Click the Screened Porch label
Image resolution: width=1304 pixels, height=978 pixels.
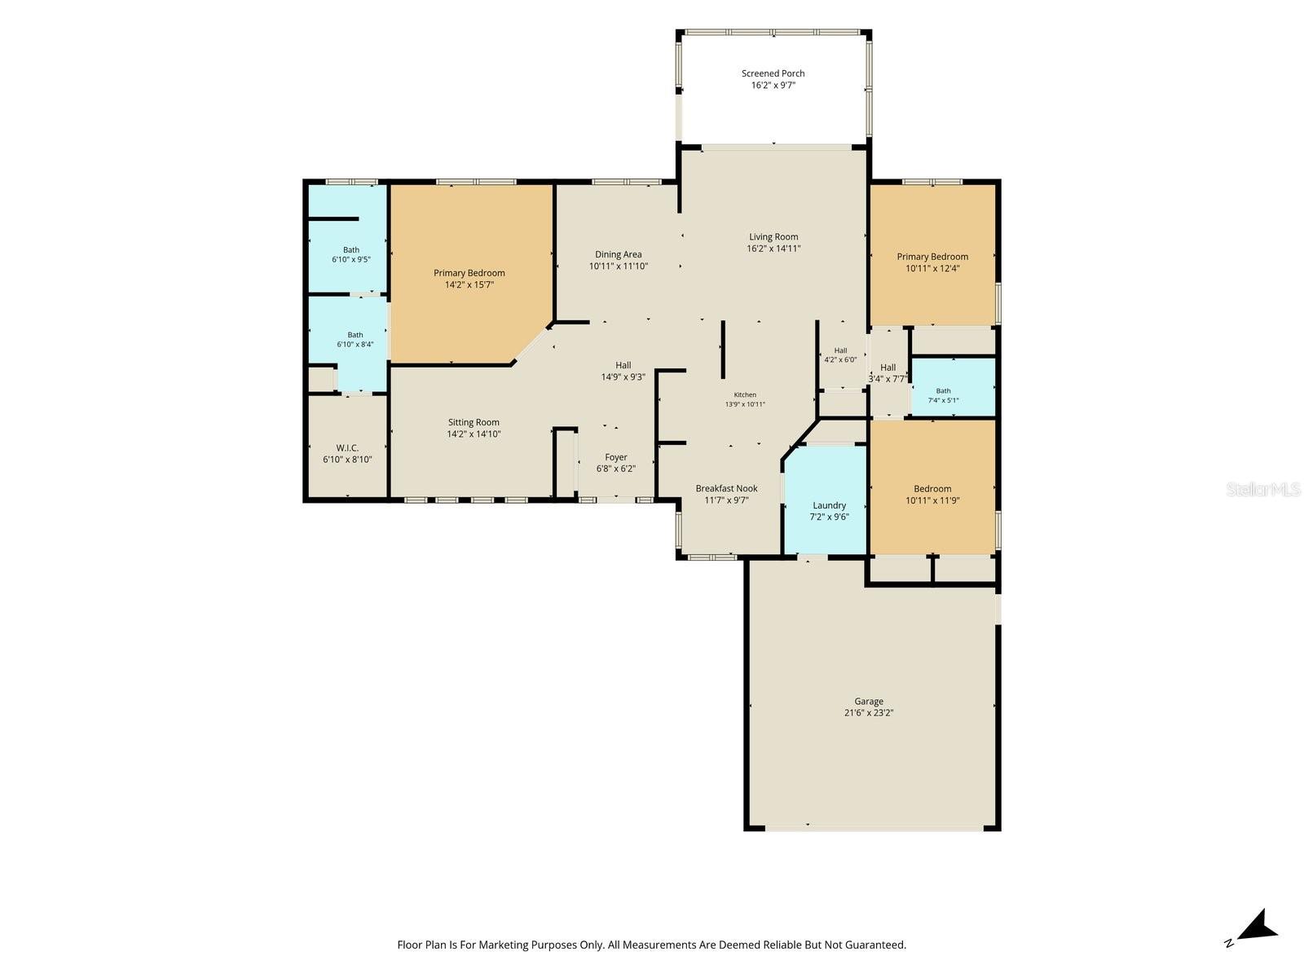pyautogui.click(x=773, y=73)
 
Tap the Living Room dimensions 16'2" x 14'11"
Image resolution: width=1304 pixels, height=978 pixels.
pyautogui.click(x=773, y=249)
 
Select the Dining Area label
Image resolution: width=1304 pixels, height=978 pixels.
pyautogui.click(x=618, y=254)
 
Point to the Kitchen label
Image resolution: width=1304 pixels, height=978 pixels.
pyautogui.click(x=744, y=394)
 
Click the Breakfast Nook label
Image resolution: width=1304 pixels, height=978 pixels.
pyautogui.click(x=726, y=488)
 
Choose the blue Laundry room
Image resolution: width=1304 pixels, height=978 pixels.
pyautogui.click(x=825, y=500)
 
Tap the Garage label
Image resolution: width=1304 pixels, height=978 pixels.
pyautogui.click(x=868, y=701)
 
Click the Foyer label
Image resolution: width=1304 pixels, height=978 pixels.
pyautogui.click(x=615, y=457)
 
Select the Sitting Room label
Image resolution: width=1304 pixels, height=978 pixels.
pyautogui.click(x=473, y=422)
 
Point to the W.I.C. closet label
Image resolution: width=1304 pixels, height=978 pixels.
pyautogui.click(x=347, y=447)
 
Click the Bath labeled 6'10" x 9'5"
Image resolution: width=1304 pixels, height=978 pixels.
pyautogui.click(x=350, y=254)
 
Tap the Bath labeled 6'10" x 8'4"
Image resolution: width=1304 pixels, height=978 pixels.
pyautogui.click(x=355, y=339)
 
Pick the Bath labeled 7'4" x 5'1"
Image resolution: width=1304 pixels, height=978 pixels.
pyautogui.click(x=943, y=395)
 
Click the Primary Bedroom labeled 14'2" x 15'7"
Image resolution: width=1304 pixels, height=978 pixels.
pyautogui.click(x=469, y=279)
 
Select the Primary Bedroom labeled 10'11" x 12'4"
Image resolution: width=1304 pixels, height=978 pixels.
pyautogui.click(x=932, y=262)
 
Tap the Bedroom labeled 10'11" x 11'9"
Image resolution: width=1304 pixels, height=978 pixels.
pyautogui.click(x=932, y=494)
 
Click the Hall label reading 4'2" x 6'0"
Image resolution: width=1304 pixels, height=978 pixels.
pyautogui.click(x=840, y=355)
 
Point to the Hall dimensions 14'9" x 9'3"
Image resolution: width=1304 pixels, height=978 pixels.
pyautogui.click(x=623, y=377)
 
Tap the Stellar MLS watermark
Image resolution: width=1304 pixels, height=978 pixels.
pyautogui.click(x=1263, y=489)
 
